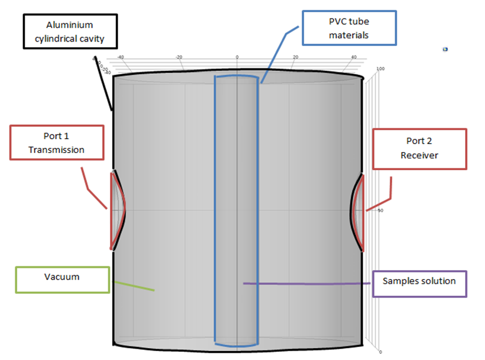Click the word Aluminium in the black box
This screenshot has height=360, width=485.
70,26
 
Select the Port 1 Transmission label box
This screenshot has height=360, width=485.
57,143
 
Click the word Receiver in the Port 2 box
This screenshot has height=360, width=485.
419,155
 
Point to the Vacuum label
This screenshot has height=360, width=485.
62,276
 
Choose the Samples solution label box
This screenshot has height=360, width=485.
419,281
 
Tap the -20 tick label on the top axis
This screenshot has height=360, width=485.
179,57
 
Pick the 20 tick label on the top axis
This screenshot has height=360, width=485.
295,57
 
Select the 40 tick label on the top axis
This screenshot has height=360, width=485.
353,57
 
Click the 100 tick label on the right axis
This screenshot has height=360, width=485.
381,69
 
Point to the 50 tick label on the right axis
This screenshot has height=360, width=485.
380,211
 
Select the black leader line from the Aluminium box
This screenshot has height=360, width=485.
104,83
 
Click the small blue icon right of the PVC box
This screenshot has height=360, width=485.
445,49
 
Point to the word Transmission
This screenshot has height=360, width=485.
57,150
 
